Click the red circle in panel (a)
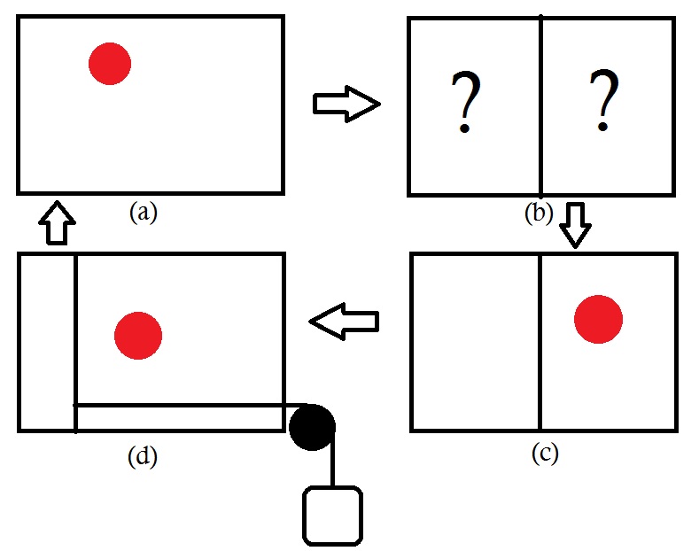[x=110, y=64]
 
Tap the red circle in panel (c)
[x=598, y=319]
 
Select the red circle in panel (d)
[x=138, y=335]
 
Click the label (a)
[x=142, y=213]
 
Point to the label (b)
[x=539, y=213]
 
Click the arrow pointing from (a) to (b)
[x=346, y=105]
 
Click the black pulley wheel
[x=312, y=426]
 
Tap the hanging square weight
[x=332, y=516]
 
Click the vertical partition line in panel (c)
[x=540, y=342]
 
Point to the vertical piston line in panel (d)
[x=75, y=342]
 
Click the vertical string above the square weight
[x=332, y=465]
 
